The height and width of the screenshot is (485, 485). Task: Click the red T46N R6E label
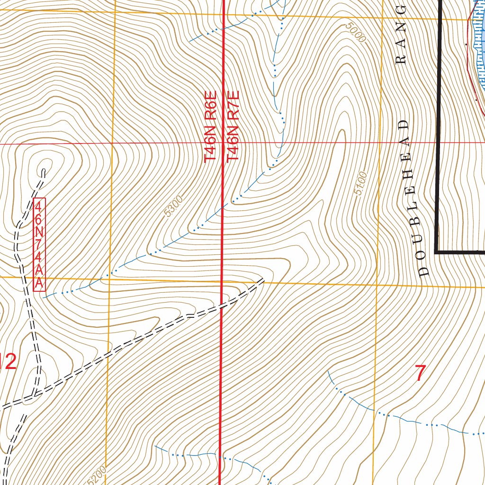click(210, 127)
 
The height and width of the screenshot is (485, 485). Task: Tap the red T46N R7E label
click(233, 127)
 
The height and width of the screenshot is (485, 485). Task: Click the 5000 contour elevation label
click(356, 33)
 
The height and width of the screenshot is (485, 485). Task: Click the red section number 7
click(420, 373)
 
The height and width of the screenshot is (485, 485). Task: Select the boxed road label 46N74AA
click(39, 244)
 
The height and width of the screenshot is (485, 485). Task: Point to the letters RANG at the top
click(402, 35)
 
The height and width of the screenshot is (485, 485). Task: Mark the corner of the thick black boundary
click(436, 252)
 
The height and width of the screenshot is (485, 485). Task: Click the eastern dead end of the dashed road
click(262, 281)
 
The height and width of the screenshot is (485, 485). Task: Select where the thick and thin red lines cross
click(223, 143)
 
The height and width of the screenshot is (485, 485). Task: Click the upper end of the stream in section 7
click(329, 372)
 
